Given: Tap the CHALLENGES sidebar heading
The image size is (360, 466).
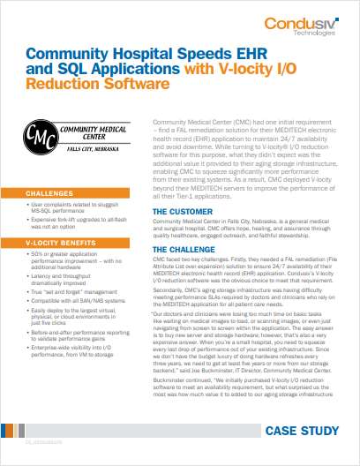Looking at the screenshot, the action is (49, 192).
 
